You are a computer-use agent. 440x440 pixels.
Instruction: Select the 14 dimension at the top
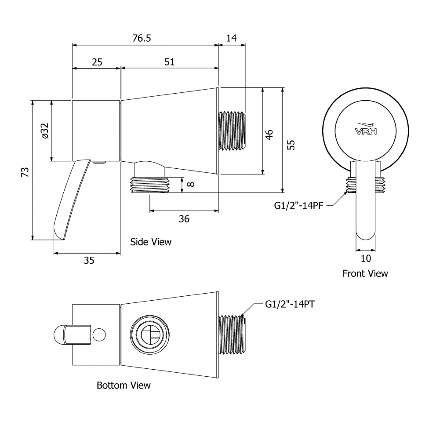coord(231,38)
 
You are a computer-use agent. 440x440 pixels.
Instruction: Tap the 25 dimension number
coord(97,62)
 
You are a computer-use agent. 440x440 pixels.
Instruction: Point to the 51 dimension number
coord(169,62)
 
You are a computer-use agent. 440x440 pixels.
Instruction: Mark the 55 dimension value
coord(291,145)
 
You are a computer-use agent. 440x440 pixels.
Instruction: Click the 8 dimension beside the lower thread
coord(191,185)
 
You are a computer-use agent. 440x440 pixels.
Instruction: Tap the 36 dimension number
coord(184,219)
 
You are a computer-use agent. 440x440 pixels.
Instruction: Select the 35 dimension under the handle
coord(89,260)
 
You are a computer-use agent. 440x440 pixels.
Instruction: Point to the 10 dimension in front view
coord(366,258)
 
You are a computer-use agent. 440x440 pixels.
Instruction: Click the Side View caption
coord(151,242)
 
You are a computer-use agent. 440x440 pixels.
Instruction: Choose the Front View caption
coord(365,274)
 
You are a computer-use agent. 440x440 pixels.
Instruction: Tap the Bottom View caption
coord(123,385)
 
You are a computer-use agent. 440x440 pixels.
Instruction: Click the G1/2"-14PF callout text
coord(299,206)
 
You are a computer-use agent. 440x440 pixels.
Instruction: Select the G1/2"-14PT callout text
coord(290,304)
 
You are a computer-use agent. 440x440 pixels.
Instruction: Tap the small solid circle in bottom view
coord(99,335)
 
